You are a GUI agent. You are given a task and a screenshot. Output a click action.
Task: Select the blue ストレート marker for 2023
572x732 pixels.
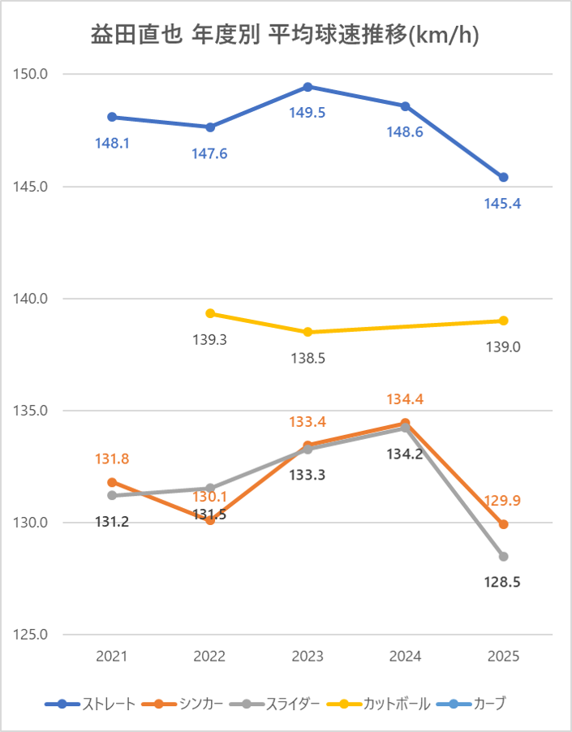(308, 87)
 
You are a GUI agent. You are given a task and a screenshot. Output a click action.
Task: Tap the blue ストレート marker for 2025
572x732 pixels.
(504, 177)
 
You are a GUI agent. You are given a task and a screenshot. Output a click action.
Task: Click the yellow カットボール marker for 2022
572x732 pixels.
(210, 313)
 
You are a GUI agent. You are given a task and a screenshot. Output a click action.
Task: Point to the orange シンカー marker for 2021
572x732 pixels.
(112, 482)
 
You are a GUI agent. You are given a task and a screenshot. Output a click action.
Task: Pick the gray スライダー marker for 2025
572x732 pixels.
(504, 556)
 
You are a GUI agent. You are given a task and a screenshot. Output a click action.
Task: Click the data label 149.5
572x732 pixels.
(308, 113)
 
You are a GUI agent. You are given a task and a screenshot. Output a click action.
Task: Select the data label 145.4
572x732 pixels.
(504, 204)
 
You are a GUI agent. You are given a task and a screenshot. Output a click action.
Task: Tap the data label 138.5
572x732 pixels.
(308, 357)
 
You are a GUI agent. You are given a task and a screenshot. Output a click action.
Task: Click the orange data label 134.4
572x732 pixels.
(406, 399)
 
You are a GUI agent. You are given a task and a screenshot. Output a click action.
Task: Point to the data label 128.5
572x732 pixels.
(504, 583)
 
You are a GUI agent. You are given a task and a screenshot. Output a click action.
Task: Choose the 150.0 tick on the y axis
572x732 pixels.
(32, 75)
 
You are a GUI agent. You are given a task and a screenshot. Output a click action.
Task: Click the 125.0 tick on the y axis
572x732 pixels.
(32, 635)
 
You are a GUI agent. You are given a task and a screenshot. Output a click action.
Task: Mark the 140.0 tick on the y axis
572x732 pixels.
(32, 299)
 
